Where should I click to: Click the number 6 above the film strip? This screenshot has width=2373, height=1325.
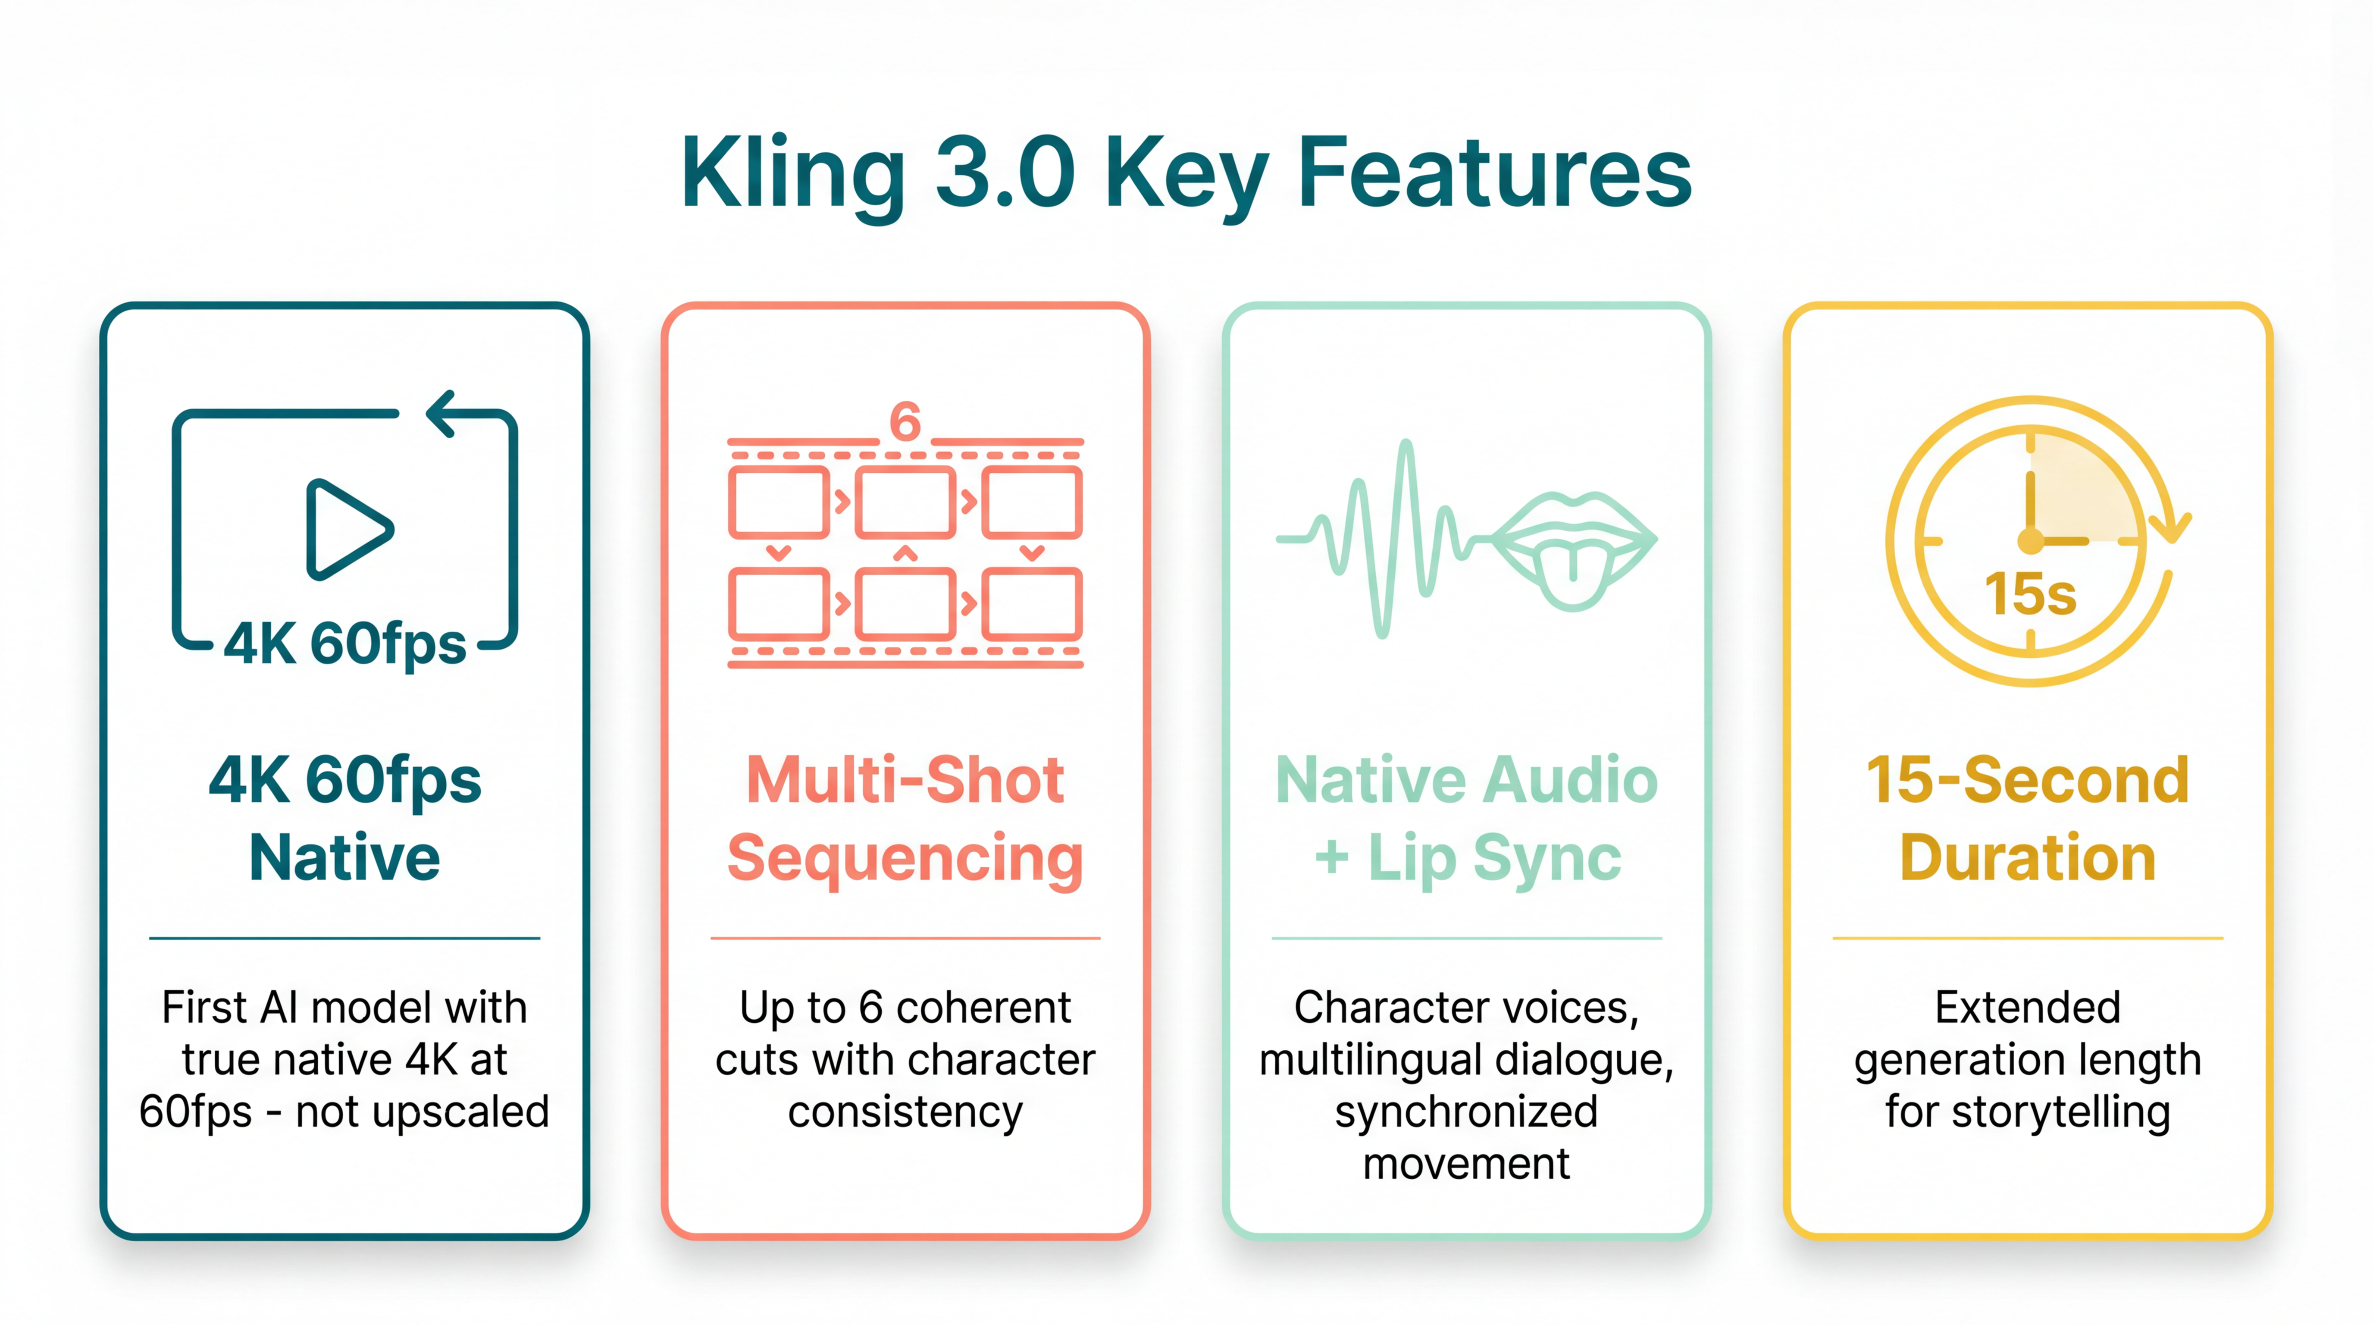tap(905, 422)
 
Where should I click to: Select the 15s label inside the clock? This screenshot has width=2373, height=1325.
tap(2030, 594)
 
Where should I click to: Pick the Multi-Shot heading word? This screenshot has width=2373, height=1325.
tap(905, 780)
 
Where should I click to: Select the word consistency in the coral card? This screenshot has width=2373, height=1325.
tap(905, 1112)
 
